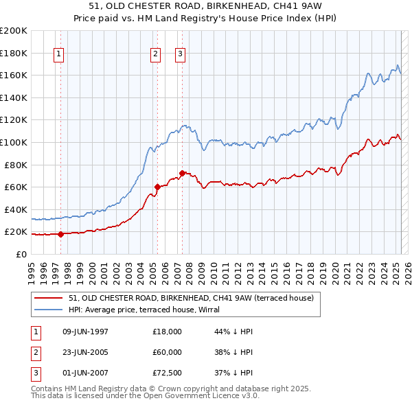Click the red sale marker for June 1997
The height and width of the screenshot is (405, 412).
(x=60, y=234)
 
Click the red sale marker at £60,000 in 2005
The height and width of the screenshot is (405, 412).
(x=157, y=187)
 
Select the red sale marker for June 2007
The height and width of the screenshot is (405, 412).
(x=182, y=173)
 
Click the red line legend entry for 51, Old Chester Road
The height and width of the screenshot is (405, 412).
(x=191, y=298)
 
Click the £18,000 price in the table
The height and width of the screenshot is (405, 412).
(x=167, y=332)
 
